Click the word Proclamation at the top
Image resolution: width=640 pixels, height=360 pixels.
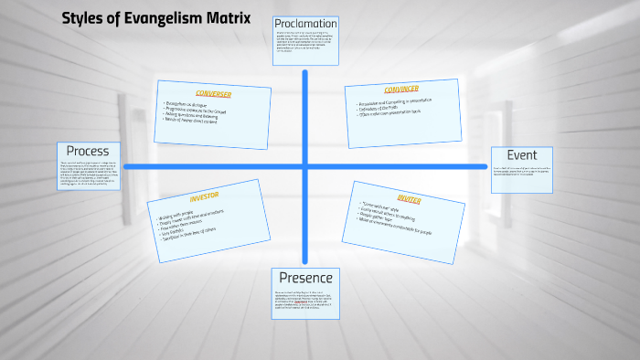pyautogui.click(x=306, y=23)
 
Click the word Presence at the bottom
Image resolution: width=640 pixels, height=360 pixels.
pyautogui.click(x=306, y=278)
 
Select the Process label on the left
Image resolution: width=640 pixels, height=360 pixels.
pyautogui.click(x=88, y=151)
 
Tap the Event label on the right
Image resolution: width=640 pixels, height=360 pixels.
pyautogui.click(x=521, y=155)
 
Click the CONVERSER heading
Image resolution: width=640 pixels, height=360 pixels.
pyautogui.click(x=213, y=94)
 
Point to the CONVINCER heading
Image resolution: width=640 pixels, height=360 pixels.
pyautogui.click(x=400, y=90)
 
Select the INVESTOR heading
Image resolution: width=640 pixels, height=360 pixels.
pyautogui.click(x=205, y=196)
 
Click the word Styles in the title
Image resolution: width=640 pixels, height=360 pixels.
pyautogui.click(x=80, y=17)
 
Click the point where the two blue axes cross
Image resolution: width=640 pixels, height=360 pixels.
pyautogui.click(x=306, y=166)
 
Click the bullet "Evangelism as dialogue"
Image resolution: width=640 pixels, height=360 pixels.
pyautogui.click(x=193, y=105)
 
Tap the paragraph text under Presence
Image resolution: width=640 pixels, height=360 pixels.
pyautogui.click(x=306, y=302)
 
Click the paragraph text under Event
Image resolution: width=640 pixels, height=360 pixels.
pyautogui.click(x=521, y=174)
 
